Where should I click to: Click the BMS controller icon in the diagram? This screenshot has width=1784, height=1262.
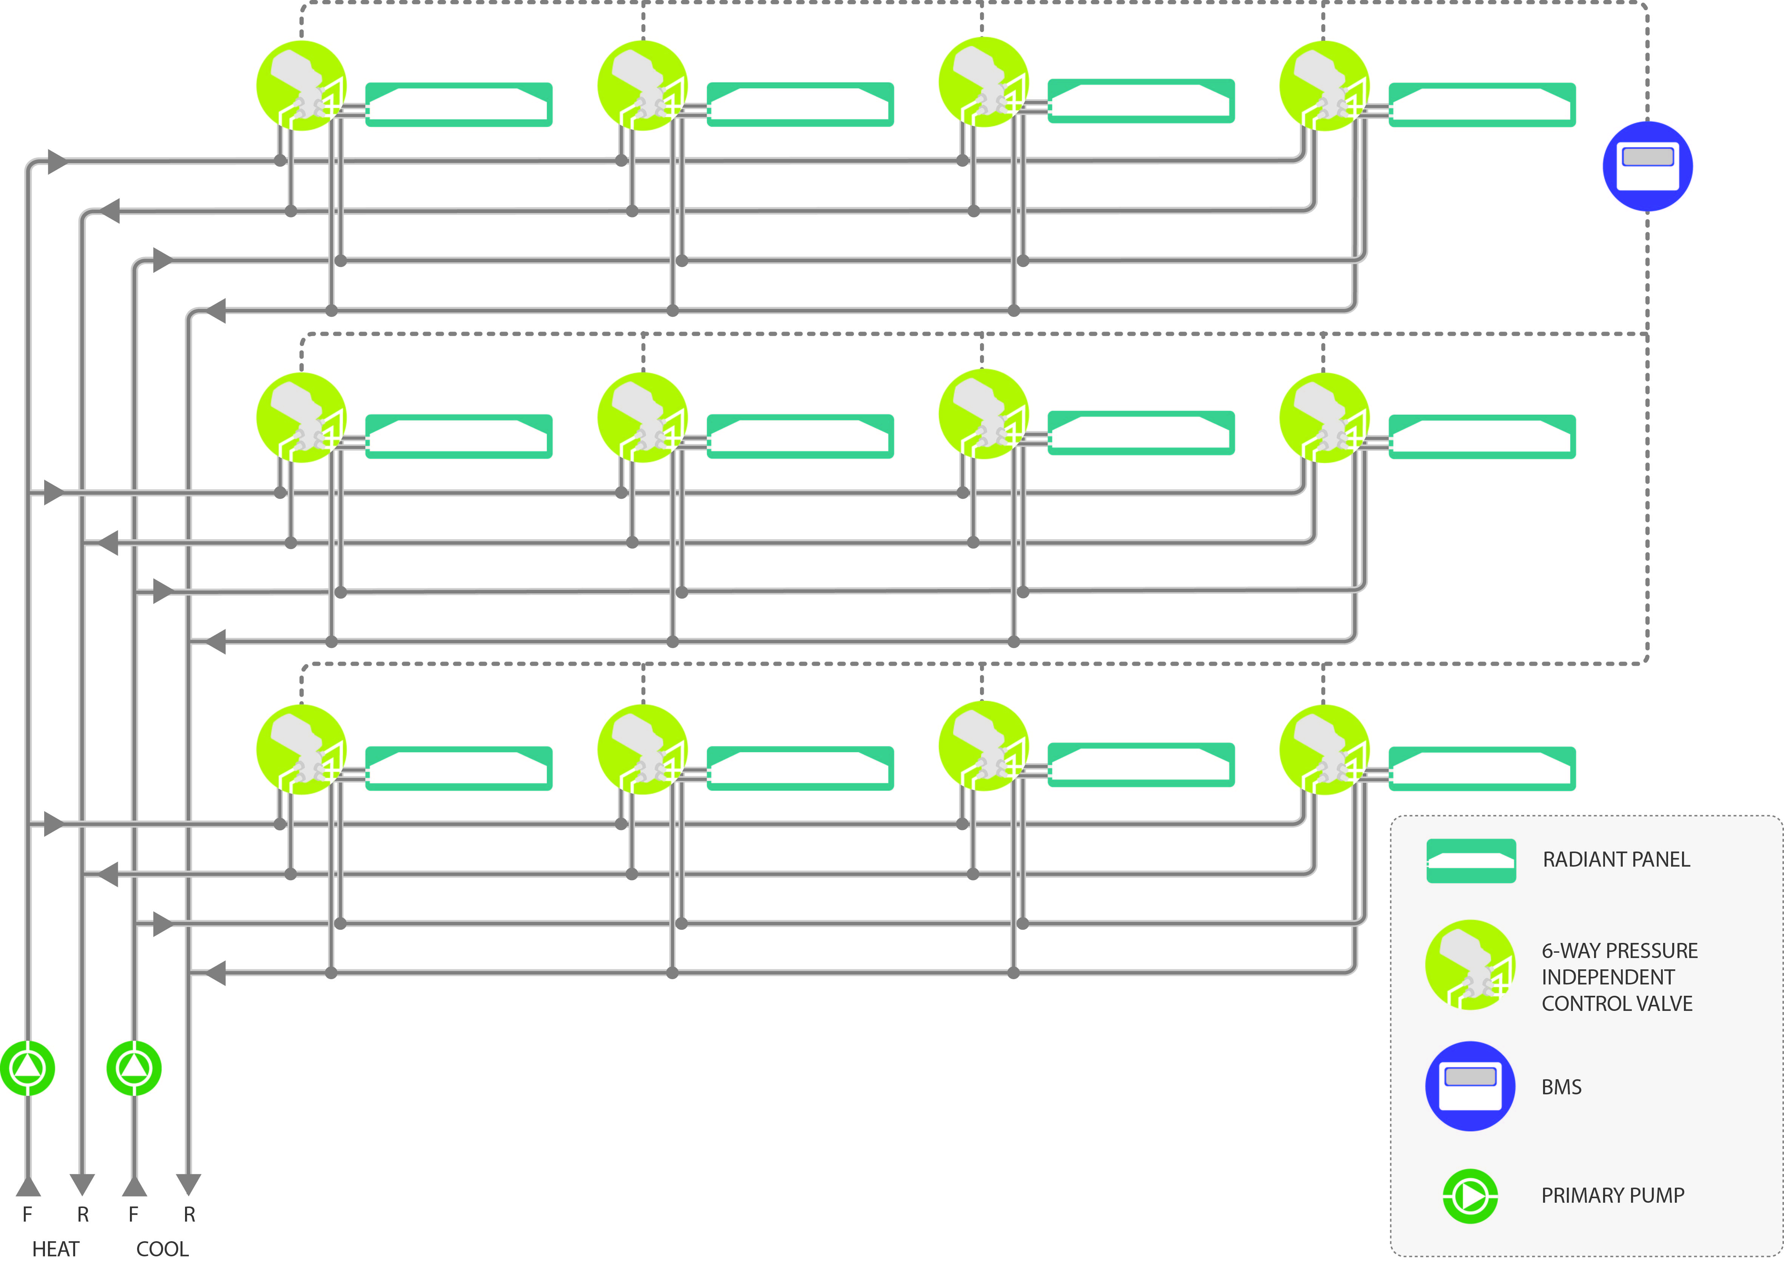coord(1647,166)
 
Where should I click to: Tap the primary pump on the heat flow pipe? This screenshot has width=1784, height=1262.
coord(28,1069)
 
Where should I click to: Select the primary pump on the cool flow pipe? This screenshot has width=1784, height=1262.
coord(134,1069)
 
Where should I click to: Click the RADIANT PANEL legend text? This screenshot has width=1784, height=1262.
coord(1616,859)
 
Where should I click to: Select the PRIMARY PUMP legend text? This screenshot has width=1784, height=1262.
coord(1612,1195)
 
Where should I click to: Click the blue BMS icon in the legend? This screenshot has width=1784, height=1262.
coord(1470,1086)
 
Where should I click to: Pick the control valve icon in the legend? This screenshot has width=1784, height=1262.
coord(1470,965)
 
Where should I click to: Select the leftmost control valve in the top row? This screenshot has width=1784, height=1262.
coord(301,85)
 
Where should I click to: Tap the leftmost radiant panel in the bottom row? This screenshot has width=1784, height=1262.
coord(458,768)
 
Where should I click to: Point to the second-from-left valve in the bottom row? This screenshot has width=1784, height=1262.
coord(643,749)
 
